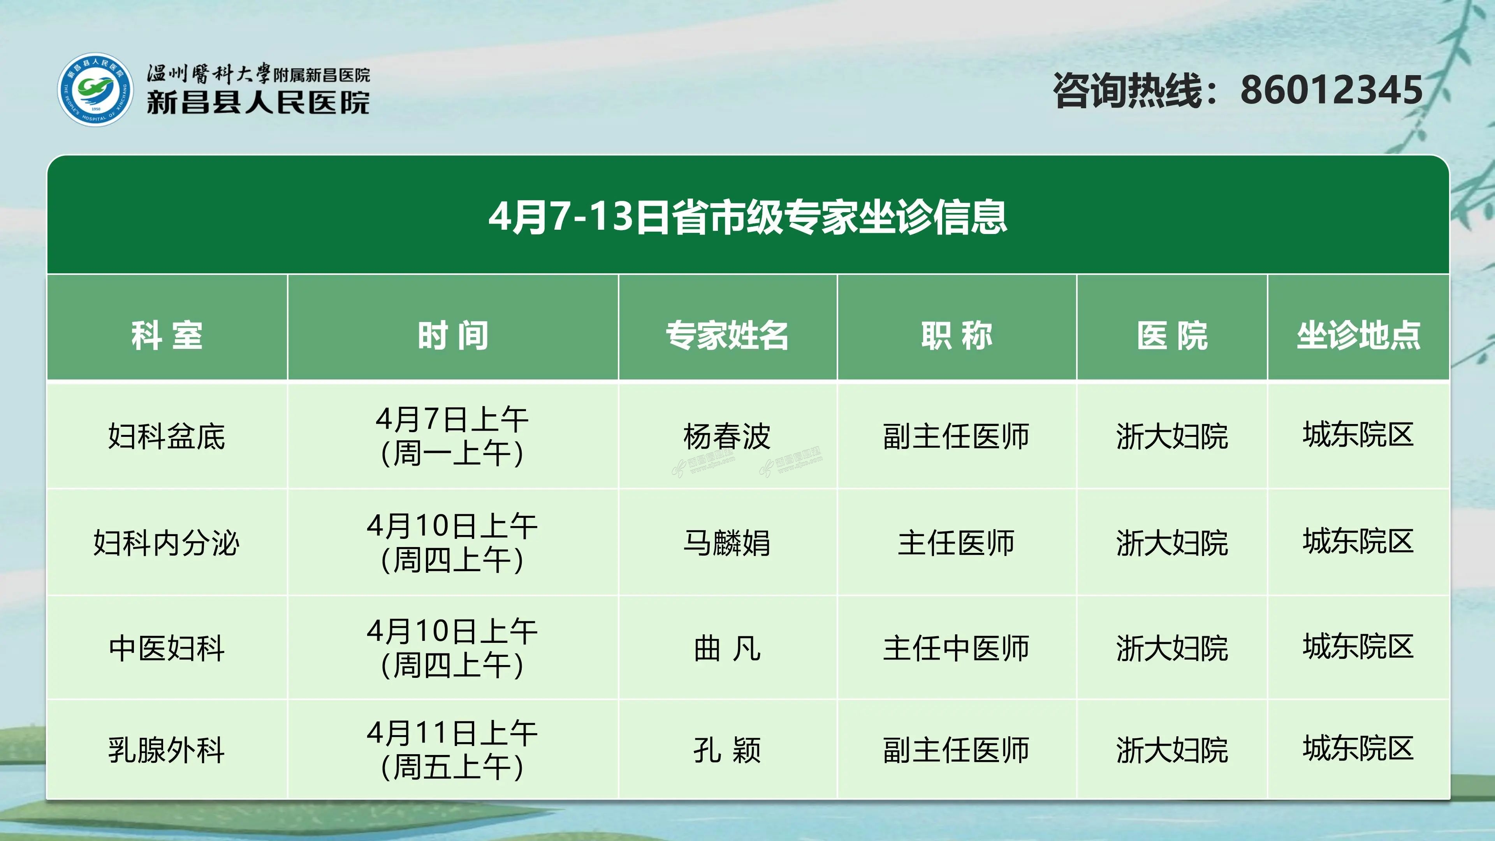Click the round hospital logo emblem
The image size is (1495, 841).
click(95, 90)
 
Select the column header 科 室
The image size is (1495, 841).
click(167, 336)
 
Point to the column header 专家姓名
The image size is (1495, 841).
click(727, 336)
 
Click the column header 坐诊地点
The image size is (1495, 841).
click(1359, 336)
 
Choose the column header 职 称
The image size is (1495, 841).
click(957, 336)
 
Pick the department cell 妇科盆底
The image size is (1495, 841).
click(167, 436)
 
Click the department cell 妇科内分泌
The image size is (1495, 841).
click(167, 543)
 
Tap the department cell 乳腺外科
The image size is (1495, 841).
click(167, 750)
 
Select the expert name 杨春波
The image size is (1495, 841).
click(727, 436)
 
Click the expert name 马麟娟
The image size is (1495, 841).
click(727, 543)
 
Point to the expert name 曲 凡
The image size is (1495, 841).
click(727, 648)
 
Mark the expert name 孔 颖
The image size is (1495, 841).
click(727, 750)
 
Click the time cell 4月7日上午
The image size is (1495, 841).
click(452, 419)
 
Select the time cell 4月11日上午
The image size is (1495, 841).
click(452, 733)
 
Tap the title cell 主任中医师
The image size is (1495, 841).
click(957, 648)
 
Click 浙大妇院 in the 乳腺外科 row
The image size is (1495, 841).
click(1172, 750)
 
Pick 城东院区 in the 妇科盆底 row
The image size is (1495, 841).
click(1358, 435)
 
